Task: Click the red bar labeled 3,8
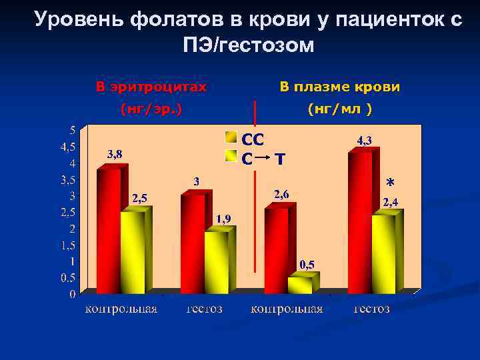pos(109,230)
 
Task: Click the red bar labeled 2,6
pos(276,250)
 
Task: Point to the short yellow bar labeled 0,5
pos(299,285)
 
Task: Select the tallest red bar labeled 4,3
pos(360,222)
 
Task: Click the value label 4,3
pos(365,141)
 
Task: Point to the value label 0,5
pos(307,265)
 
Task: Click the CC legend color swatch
pos(231,138)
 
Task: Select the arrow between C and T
pos(264,159)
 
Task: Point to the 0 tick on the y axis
pos(72,293)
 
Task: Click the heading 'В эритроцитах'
pos(151,87)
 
